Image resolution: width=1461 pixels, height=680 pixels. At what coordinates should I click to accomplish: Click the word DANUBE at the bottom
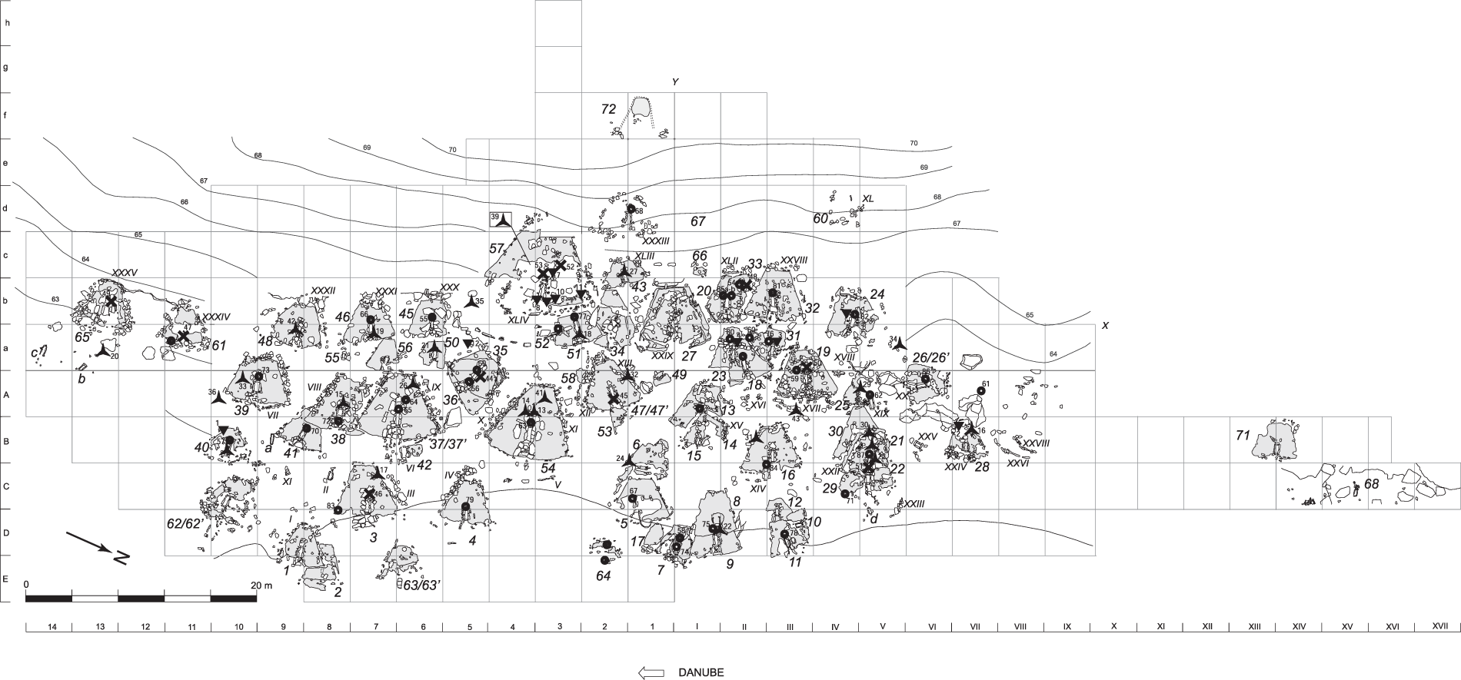pyautogui.click(x=701, y=672)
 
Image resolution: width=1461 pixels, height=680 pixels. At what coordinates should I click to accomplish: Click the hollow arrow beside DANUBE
pyautogui.click(x=651, y=672)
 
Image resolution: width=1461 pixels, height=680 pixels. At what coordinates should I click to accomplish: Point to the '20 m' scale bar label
pyautogui.click(x=262, y=585)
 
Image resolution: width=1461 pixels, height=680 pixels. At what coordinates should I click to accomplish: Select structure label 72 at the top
pyautogui.click(x=608, y=109)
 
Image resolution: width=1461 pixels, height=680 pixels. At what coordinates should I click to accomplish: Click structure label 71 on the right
pyautogui.click(x=1243, y=436)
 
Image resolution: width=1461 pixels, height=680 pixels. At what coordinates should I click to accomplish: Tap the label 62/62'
pyautogui.click(x=185, y=524)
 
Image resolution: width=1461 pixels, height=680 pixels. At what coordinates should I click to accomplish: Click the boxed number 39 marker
pyautogui.click(x=495, y=217)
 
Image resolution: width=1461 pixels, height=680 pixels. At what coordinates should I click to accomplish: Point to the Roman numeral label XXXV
pyautogui.click(x=125, y=273)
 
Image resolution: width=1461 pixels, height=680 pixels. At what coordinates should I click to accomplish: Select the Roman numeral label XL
pyautogui.click(x=868, y=199)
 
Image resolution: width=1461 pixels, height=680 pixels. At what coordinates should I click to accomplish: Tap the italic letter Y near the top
pyautogui.click(x=674, y=81)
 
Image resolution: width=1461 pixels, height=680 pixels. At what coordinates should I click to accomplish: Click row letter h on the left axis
pyautogui.click(x=7, y=22)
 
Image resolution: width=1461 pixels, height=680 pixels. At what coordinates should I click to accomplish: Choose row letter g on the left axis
pyautogui.click(x=7, y=68)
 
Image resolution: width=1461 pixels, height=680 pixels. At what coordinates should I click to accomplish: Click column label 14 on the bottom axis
pyautogui.click(x=52, y=627)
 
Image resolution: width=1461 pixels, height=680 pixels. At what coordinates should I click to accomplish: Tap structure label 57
pyautogui.click(x=496, y=249)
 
